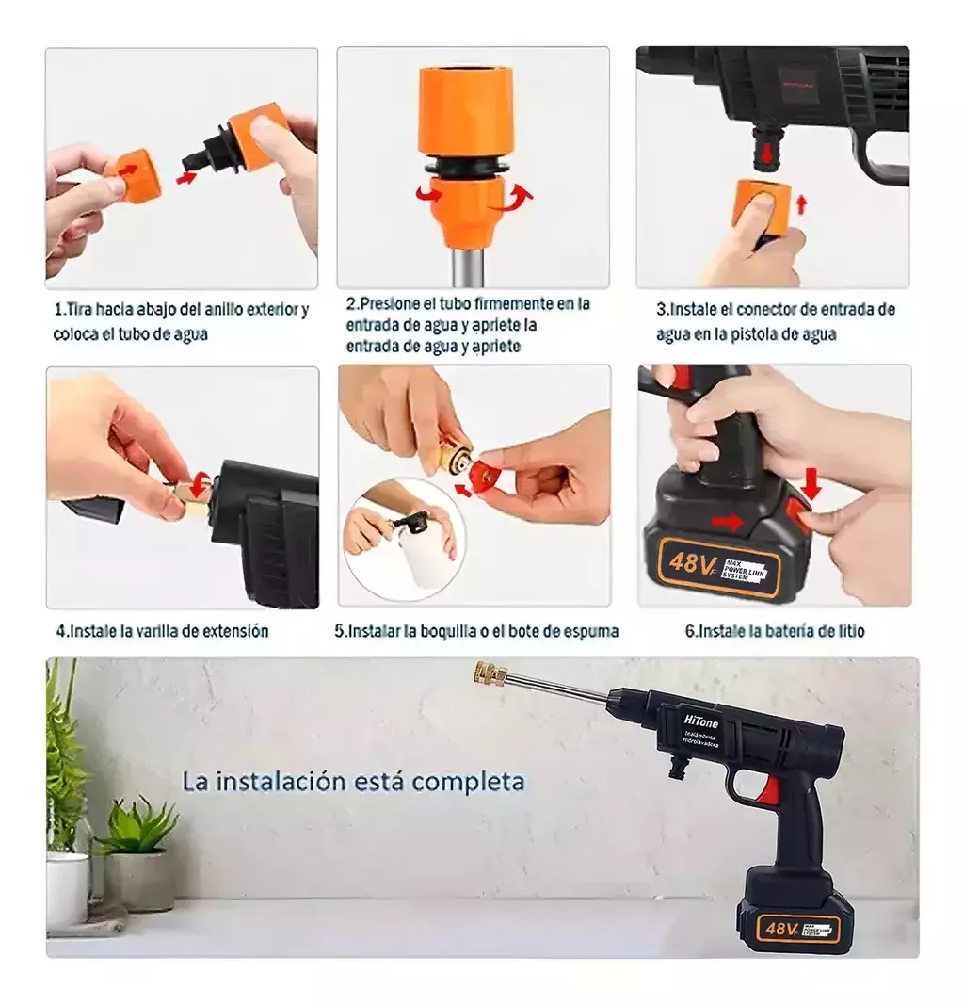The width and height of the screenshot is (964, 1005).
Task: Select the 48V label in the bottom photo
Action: point(782,929)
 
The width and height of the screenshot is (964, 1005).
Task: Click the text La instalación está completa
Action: point(353,781)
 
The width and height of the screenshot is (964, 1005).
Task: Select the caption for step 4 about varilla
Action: point(162,631)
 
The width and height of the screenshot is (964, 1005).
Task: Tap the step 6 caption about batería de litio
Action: point(774,631)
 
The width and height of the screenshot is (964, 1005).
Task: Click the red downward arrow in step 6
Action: point(811,485)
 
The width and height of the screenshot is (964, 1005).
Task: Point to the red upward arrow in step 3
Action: point(801,204)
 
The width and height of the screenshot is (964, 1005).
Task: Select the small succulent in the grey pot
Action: point(137,829)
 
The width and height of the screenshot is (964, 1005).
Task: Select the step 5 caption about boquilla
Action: point(477,631)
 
